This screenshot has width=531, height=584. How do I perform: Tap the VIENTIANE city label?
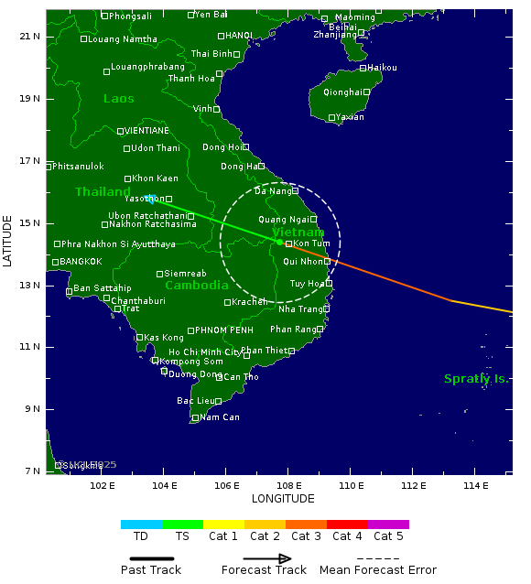tap(146, 131)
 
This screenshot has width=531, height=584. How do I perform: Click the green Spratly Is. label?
tap(475, 379)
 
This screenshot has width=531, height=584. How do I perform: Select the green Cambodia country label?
tap(196, 285)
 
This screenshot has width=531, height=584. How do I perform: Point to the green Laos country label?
tap(118, 99)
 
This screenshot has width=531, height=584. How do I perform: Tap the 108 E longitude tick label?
tap(289, 484)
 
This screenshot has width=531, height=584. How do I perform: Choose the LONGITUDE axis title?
tap(283, 499)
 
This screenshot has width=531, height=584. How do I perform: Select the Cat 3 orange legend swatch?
tap(306, 525)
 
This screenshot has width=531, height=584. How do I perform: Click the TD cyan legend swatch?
tap(141, 525)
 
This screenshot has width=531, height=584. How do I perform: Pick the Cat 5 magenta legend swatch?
tap(388, 525)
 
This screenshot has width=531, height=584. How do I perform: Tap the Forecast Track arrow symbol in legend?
tap(266, 558)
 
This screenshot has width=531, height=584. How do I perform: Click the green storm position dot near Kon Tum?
tap(279, 242)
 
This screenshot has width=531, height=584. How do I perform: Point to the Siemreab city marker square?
tap(159, 274)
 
